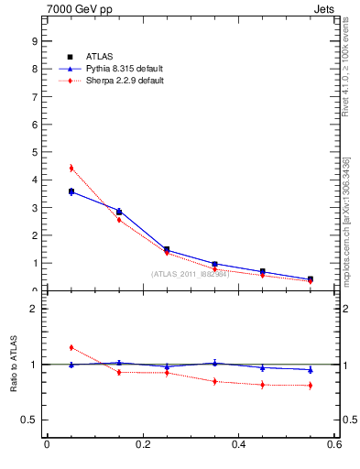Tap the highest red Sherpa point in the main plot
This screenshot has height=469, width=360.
(x=71, y=168)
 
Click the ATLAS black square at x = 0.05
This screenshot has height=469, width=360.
(x=71, y=191)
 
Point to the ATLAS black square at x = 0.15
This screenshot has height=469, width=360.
(x=119, y=212)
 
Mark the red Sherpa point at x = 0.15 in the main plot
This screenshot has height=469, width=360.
(x=119, y=220)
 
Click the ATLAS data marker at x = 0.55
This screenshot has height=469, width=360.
(x=311, y=279)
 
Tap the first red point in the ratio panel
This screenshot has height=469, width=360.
(x=71, y=347)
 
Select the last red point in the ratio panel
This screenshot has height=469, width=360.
(x=311, y=385)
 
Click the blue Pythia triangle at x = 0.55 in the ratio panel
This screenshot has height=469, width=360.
(x=311, y=370)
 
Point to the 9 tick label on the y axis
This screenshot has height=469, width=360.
(x=34, y=41)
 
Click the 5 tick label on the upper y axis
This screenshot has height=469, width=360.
(x=34, y=152)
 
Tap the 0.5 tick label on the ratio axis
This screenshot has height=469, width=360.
(x=30, y=420)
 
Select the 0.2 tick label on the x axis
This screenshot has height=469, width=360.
(x=142, y=445)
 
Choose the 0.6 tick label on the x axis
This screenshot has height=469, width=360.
(x=334, y=445)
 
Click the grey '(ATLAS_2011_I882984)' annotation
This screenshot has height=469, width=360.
(x=190, y=274)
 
